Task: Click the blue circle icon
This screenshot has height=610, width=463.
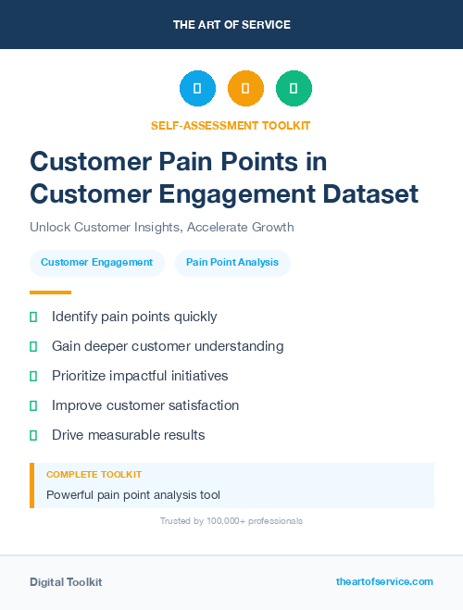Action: (x=197, y=89)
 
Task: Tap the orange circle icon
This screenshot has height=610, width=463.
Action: (x=245, y=89)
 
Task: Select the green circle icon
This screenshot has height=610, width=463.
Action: (x=294, y=89)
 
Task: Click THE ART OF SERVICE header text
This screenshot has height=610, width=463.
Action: (x=231, y=25)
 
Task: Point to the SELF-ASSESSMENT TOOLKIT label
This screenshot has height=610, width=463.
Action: (x=231, y=125)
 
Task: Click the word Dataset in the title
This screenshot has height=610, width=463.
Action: (x=369, y=194)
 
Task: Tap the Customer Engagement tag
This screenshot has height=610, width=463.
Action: (x=97, y=263)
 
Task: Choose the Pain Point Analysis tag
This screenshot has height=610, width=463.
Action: (x=232, y=263)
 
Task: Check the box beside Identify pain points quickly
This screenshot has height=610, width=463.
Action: (x=33, y=317)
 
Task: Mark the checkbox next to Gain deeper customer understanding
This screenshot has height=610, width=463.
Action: (x=33, y=346)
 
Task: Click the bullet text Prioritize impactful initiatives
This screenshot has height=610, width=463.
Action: (x=140, y=376)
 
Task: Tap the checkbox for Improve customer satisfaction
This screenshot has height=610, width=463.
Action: (x=33, y=405)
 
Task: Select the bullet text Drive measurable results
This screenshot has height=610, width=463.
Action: (x=128, y=435)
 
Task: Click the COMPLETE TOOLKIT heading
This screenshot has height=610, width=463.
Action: (x=94, y=475)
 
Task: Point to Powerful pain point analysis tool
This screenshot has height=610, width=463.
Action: (x=133, y=495)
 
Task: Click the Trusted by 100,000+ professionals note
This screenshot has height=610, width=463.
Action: (x=231, y=521)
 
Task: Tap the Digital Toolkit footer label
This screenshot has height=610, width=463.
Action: (x=66, y=582)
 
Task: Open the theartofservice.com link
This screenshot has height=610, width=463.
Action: (x=384, y=581)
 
